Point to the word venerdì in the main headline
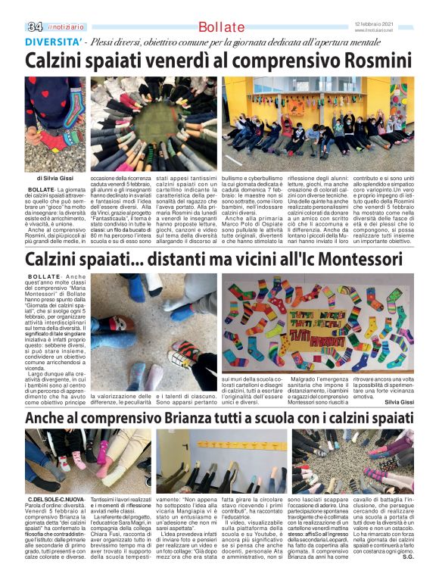(193, 60)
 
